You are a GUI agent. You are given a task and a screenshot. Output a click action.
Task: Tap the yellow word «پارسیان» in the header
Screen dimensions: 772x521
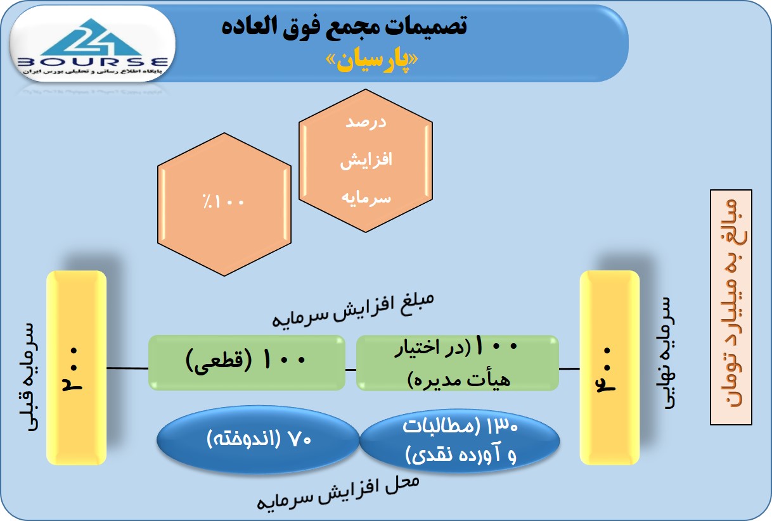372,61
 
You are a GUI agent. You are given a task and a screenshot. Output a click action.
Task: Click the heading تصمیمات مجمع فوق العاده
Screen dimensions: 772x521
344,26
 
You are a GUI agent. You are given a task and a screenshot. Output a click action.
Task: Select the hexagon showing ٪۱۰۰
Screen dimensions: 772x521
224,204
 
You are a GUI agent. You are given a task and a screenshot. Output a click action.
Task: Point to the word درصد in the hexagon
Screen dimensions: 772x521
366,122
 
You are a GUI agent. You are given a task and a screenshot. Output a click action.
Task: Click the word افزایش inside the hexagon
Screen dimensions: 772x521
366,160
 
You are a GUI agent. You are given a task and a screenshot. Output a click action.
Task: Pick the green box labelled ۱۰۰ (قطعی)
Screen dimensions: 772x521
247,363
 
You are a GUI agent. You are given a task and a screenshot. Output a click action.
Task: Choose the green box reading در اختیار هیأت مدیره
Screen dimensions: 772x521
458,363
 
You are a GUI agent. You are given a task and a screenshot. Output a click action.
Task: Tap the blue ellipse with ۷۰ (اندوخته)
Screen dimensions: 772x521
258,439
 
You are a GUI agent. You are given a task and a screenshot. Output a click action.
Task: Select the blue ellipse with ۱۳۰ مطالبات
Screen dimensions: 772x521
460,440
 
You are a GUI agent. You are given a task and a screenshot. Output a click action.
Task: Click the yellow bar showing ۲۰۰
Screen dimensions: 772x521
76,368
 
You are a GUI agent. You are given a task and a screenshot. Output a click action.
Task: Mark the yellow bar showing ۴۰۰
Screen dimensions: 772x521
610,368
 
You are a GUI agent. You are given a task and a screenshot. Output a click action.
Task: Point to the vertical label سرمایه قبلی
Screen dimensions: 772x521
29,377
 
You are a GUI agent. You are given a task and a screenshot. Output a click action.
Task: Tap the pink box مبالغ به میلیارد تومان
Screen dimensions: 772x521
731,307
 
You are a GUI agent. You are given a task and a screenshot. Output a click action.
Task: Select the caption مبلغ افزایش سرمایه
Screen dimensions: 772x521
353,310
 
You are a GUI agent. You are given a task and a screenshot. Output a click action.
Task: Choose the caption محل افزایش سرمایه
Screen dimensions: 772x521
338,493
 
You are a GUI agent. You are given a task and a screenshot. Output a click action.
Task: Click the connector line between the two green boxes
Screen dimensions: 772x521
351,370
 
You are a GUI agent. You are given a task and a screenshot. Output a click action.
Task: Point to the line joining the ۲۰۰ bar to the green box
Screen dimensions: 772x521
127,368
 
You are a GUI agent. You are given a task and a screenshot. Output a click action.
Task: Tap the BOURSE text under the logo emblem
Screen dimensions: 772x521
93,62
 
